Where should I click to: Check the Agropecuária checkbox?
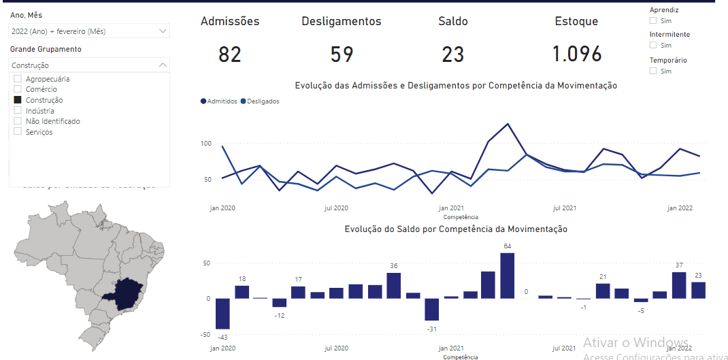pos(18,79)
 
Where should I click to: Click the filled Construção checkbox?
pos(18,100)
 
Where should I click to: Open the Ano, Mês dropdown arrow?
pos(163,31)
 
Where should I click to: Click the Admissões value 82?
pos(230,54)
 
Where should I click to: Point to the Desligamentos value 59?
pos(342,54)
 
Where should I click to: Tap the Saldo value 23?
pos(452,54)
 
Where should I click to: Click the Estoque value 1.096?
pos(576,54)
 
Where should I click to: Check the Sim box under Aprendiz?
pos(653,20)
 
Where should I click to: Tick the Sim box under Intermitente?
pos(653,45)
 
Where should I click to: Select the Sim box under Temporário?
pos(653,71)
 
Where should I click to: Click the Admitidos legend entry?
pos(218,101)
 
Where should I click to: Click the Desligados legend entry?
pos(260,101)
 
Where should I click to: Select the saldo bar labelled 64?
pos(507,276)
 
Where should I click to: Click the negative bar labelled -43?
pos(222,314)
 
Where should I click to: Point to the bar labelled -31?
pos(432,310)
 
